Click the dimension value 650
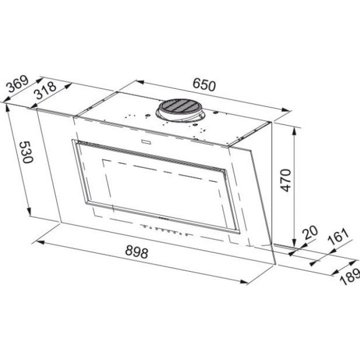pyautogui.click(x=204, y=85)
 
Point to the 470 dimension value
pyautogui.click(x=286, y=180)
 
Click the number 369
pyautogui.click(x=18, y=84)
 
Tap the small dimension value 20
pyautogui.click(x=310, y=233)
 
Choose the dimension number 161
pyautogui.click(x=338, y=237)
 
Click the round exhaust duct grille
pyautogui.click(x=177, y=107)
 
